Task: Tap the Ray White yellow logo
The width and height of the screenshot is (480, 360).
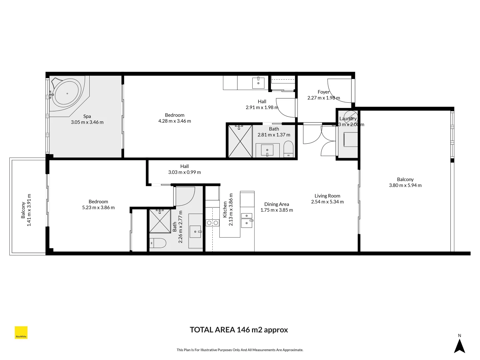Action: coord(21,333)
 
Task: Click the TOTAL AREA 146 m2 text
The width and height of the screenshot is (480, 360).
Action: coord(239,330)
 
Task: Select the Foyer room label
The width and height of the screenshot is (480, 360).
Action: coord(323,92)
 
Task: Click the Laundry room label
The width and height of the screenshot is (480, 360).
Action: coord(348,119)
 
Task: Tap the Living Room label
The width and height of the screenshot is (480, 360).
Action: coord(327,196)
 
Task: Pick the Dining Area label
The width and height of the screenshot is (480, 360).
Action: coord(276,204)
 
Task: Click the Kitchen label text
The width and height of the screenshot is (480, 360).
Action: coord(225,209)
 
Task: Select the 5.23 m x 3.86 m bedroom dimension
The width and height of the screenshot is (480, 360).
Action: coord(98,207)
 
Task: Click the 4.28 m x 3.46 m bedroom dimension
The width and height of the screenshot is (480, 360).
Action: coord(175,121)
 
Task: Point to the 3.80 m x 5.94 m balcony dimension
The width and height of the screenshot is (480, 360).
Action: coord(405,185)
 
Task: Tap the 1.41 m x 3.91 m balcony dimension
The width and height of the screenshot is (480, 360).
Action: coord(29,210)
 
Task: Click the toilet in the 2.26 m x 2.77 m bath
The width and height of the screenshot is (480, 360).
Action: coord(158,243)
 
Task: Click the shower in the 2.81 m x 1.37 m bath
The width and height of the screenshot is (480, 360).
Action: coord(240,141)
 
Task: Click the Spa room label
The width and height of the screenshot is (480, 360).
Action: coord(87,116)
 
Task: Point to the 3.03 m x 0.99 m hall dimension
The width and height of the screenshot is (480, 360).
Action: coord(184,172)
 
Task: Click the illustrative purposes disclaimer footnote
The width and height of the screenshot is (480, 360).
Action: coord(240,350)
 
